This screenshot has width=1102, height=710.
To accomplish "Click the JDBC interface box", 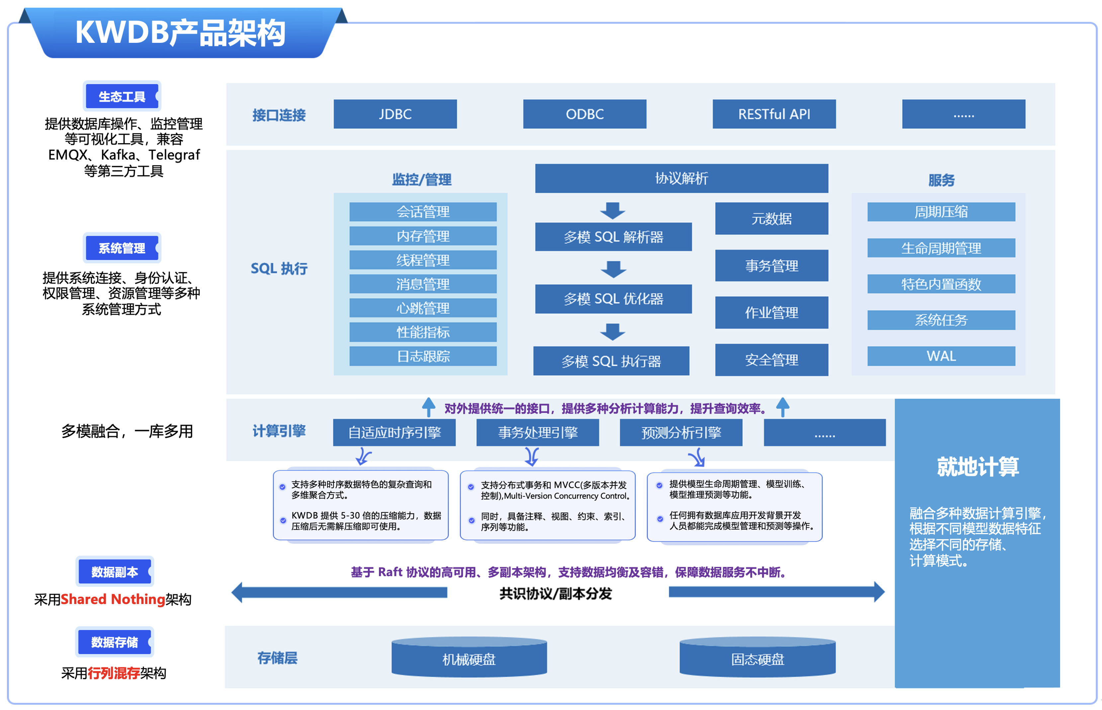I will pyautogui.click(x=395, y=114).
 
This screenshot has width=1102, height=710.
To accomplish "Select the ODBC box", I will pyautogui.click(x=584, y=114).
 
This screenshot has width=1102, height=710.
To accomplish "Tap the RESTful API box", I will pyautogui.click(x=774, y=114).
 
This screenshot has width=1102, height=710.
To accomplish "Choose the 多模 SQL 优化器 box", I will pyautogui.click(x=613, y=299).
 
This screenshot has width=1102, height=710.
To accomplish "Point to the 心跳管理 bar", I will pyautogui.click(x=423, y=308).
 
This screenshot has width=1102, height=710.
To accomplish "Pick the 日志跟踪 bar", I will pyautogui.click(x=423, y=356).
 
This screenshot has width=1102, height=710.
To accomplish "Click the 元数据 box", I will pyautogui.click(x=772, y=219).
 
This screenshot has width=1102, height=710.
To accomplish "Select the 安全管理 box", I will pyautogui.click(x=772, y=360).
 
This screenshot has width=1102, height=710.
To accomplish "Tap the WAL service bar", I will pyautogui.click(x=941, y=356).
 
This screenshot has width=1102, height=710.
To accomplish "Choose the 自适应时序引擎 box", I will pyautogui.click(x=394, y=432).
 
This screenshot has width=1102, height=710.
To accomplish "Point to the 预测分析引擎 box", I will pyautogui.click(x=681, y=432).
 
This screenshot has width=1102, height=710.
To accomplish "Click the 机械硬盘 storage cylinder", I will pyautogui.click(x=469, y=659).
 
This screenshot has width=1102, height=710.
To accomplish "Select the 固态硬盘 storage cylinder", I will pyautogui.click(x=757, y=659).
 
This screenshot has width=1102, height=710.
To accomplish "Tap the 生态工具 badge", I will pyautogui.click(x=122, y=96).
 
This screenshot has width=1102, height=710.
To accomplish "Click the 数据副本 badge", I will pyautogui.click(x=114, y=572).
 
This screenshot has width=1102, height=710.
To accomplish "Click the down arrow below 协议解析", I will pyautogui.click(x=612, y=211).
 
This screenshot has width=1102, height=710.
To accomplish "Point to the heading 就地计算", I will pyautogui.click(x=977, y=467).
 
